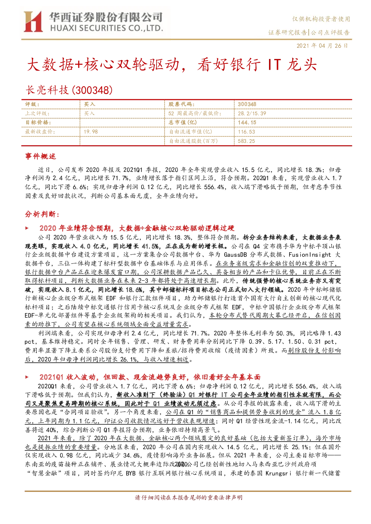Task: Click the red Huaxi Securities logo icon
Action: tap(33, 21)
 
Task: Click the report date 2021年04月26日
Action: tap(322, 46)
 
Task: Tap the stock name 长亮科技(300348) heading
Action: tap(69, 90)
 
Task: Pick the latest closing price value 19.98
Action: tap(91, 132)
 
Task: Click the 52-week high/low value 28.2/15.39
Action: tap(252, 113)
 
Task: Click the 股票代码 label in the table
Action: tap(181, 105)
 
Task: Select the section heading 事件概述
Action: tap(40, 156)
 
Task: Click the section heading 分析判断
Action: tap(42, 214)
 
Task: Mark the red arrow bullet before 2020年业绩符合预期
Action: tap(27, 228)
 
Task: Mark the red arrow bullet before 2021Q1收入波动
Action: tap(27, 377)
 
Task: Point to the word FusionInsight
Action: tap(310, 255)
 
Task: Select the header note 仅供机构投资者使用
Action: tap(321, 19)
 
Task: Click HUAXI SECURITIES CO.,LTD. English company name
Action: tap(107, 28)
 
